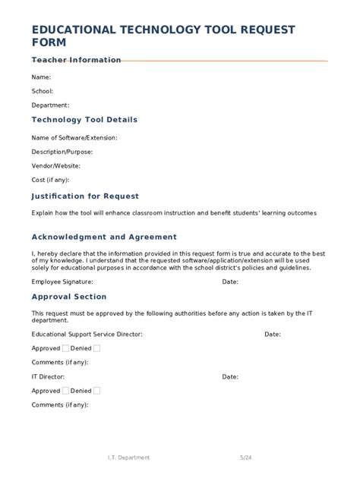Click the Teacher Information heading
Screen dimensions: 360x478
tap(76, 60)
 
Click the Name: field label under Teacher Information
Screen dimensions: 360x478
tap(41, 77)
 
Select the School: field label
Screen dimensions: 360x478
tap(42, 91)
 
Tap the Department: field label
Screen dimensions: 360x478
tap(50, 105)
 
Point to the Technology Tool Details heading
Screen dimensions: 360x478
tap(84, 120)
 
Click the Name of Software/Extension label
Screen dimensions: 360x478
tap(74, 138)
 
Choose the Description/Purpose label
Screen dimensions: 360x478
tap(62, 152)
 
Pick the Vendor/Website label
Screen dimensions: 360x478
tap(56, 165)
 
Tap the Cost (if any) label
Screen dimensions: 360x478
tap(50, 180)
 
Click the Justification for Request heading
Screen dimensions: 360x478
tap(85, 196)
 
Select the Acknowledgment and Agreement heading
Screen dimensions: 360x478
tap(104, 237)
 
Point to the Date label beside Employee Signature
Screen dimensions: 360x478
tap(230, 281)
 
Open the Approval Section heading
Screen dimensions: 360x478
tap(69, 297)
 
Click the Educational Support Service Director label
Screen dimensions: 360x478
tap(87, 334)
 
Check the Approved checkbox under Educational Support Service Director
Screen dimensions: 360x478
tap(65, 348)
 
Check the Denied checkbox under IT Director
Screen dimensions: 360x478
tap(96, 391)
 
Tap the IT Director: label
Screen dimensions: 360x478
tap(48, 376)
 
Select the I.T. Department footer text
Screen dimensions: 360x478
tap(128, 458)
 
